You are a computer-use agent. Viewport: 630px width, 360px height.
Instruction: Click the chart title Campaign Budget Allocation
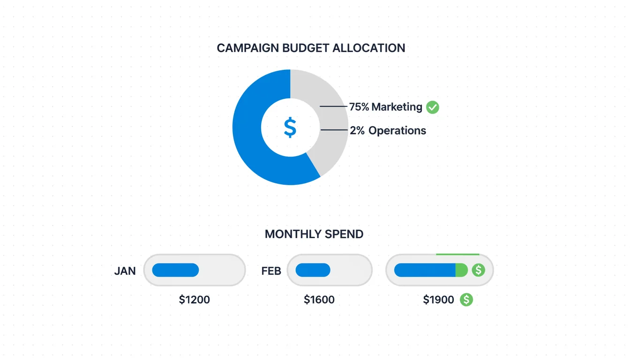pos(311,48)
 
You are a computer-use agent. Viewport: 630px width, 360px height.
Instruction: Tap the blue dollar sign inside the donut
pos(290,127)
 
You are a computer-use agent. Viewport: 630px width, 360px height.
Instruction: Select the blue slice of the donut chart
pos(253,141)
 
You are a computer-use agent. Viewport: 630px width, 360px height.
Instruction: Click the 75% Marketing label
pos(386,107)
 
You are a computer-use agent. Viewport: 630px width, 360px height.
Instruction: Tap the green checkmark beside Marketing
pos(433,107)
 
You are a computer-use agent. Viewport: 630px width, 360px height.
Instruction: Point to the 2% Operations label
pos(388,130)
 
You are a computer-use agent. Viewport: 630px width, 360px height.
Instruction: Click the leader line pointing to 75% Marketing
pos(334,107)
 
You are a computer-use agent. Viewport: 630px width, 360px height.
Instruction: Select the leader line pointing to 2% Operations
pos(334,130)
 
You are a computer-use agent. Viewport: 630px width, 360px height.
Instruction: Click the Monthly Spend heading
pos(314,234)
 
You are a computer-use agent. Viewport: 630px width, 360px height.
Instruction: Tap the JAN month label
pos(125,271)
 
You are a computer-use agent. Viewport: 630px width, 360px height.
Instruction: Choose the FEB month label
pos(271,271)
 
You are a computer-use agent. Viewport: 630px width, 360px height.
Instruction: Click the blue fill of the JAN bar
pos(175,270)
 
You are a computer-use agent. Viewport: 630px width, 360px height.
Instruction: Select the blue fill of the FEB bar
pos(313,270)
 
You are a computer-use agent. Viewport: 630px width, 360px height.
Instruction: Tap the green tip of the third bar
pos(462,270)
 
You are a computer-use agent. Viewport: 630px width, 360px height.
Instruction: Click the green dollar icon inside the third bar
pos(478,270)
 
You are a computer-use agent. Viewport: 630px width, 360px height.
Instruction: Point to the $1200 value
pos(195,300)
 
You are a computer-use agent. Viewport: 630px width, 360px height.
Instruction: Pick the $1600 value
pos(319,300)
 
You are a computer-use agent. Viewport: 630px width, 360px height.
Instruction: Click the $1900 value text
pos(438,300)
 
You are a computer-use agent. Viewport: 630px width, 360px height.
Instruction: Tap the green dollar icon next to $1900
pos(466,300)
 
